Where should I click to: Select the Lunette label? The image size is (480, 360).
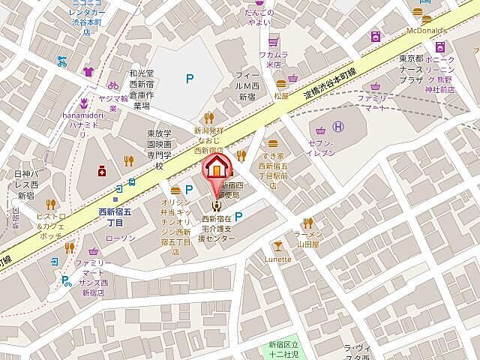[277, 259]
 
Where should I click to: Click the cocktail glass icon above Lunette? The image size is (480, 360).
[277, 245]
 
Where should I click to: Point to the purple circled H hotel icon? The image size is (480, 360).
[338, 127]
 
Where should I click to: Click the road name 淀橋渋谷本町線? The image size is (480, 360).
[330, 82]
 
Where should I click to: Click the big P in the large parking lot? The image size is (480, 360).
[190, 76]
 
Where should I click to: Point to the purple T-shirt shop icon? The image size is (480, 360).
[88, 72]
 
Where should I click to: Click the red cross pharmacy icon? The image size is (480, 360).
[102, 171]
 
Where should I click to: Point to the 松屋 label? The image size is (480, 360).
[281, 95]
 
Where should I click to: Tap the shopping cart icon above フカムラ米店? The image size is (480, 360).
[274, 42]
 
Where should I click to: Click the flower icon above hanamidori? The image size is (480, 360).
[84, 102]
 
